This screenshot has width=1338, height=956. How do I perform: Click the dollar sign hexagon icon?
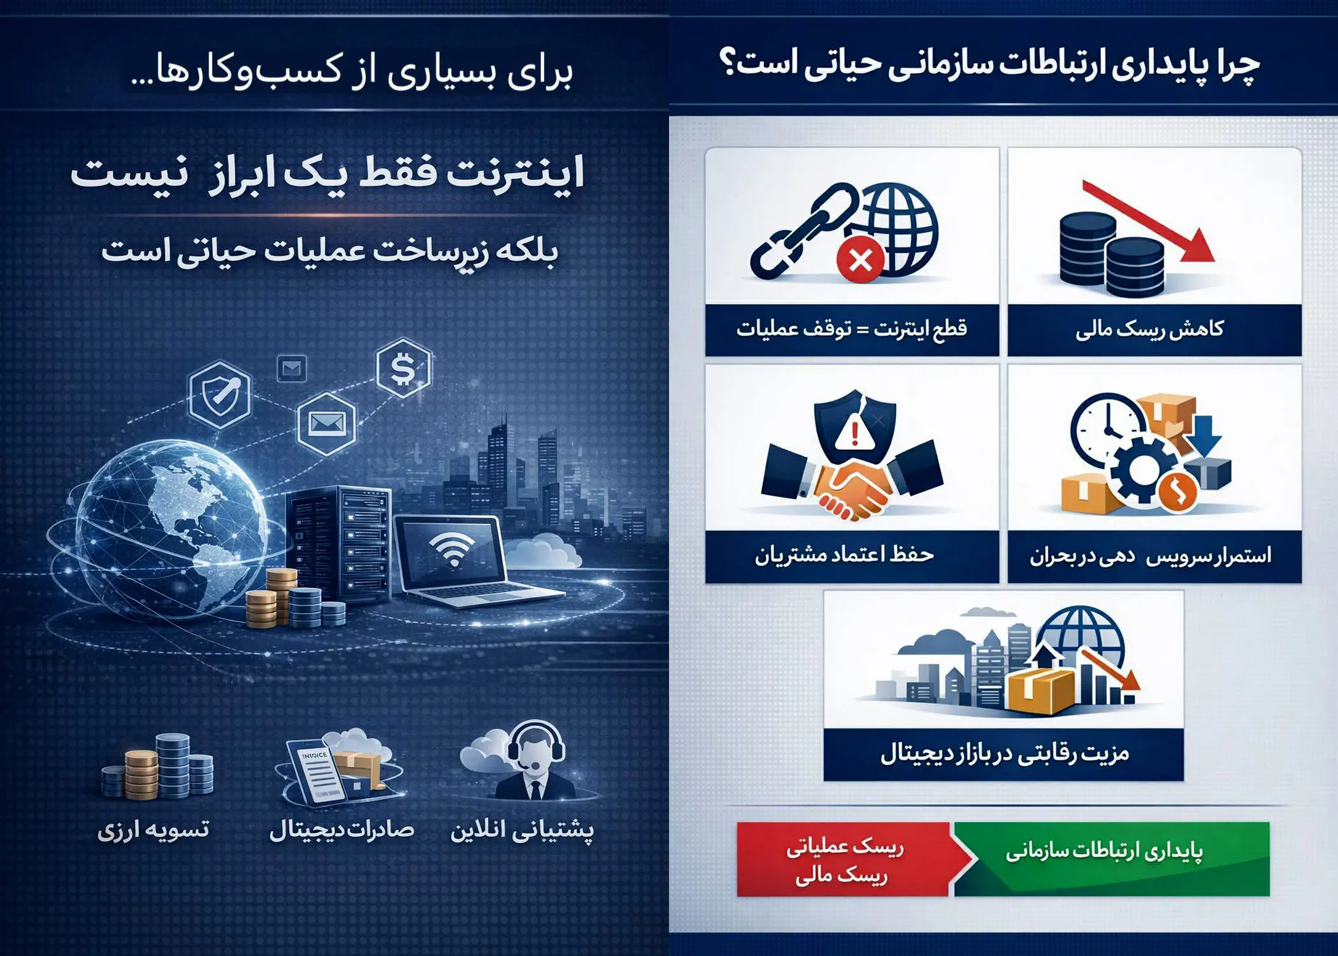point(403,368)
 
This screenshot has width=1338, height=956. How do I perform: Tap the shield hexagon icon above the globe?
point(220,394)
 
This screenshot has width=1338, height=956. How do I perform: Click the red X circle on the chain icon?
point(861,260)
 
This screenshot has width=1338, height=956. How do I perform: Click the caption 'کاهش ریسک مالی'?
point(1150,330)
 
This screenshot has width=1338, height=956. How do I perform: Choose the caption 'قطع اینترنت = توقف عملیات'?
point(852,330)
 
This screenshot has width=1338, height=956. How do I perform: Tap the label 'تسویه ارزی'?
point(153,830)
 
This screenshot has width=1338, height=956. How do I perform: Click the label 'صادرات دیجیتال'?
point(342,830)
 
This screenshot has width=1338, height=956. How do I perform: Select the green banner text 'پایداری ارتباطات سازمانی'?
point(1104,852)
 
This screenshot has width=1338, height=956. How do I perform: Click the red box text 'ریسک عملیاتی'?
point(844,848)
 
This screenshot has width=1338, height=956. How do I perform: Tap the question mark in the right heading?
point(728,62)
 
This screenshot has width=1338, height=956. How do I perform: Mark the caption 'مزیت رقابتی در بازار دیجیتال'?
point(1004,754)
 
